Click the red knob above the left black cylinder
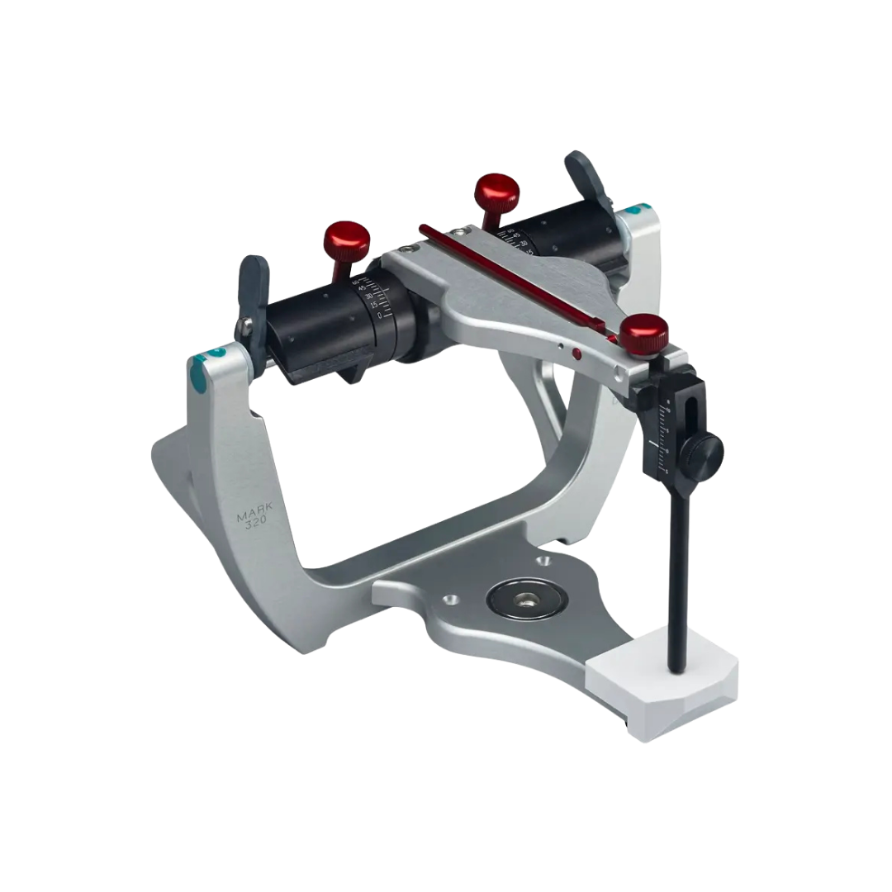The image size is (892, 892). [347, 238]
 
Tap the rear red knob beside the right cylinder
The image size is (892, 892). [496, 191]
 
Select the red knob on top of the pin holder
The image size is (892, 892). [645, 331]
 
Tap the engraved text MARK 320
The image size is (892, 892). [254, 524]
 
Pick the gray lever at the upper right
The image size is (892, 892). [583, 173]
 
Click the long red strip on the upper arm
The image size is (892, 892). [520, 281]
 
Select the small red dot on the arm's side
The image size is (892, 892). [576, 354]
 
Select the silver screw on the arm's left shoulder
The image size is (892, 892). [410, 248]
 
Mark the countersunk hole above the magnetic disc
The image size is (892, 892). [544, 562]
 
